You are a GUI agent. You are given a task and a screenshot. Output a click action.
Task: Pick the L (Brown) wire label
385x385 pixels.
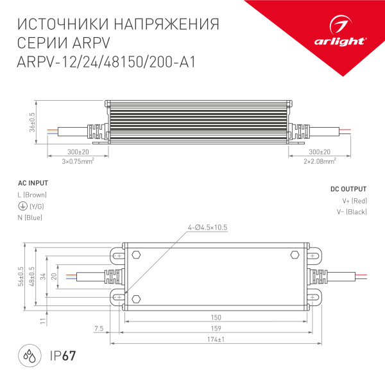(32, 194)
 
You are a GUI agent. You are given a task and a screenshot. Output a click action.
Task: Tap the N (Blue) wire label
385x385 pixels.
(30, 218)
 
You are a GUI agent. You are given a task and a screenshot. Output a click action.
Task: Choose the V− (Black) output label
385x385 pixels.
(351, 212)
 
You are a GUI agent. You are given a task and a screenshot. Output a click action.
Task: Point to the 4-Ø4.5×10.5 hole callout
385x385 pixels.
(208, 228)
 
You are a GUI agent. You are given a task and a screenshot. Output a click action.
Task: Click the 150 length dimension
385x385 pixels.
(216, 317)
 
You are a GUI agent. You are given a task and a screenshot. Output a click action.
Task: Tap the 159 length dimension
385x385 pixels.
(216, 329)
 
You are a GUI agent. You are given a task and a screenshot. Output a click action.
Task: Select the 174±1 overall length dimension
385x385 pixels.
(216, 340)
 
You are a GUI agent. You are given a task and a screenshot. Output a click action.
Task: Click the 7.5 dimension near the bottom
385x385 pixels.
(98, 329)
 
